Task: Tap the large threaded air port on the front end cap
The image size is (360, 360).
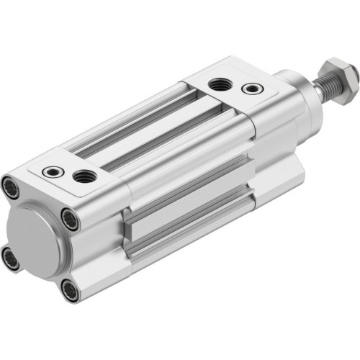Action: click(x=219, y=84)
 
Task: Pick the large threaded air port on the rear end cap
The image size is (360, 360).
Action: click(x=84, y=175)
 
